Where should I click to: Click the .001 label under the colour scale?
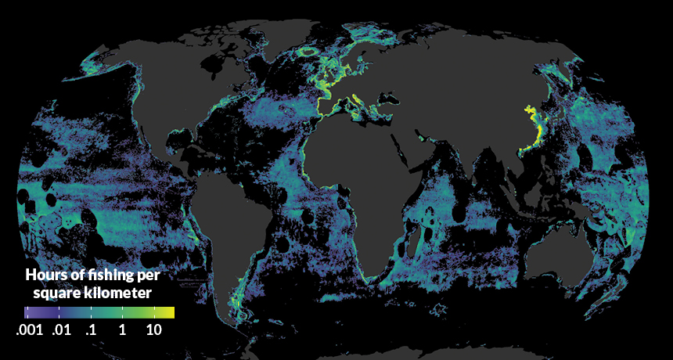point(31,330)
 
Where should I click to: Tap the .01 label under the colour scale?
point(63,330)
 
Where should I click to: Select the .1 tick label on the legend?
point(90,330)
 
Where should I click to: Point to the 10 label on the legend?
point(153,330)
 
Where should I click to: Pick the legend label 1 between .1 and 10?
point(122,330)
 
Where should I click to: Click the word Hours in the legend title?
point(45,275)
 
